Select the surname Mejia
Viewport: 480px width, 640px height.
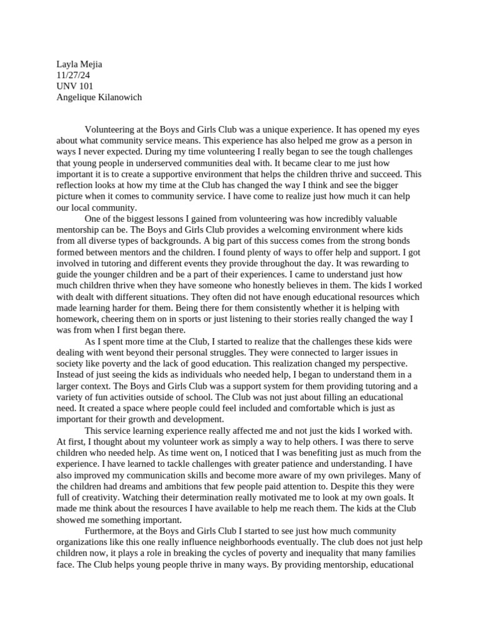(x=90, y=64)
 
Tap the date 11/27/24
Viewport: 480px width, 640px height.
(x=73, y=75)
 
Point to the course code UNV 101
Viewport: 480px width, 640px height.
(x=75, y=86)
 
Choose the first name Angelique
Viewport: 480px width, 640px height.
(x=78, y=97)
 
